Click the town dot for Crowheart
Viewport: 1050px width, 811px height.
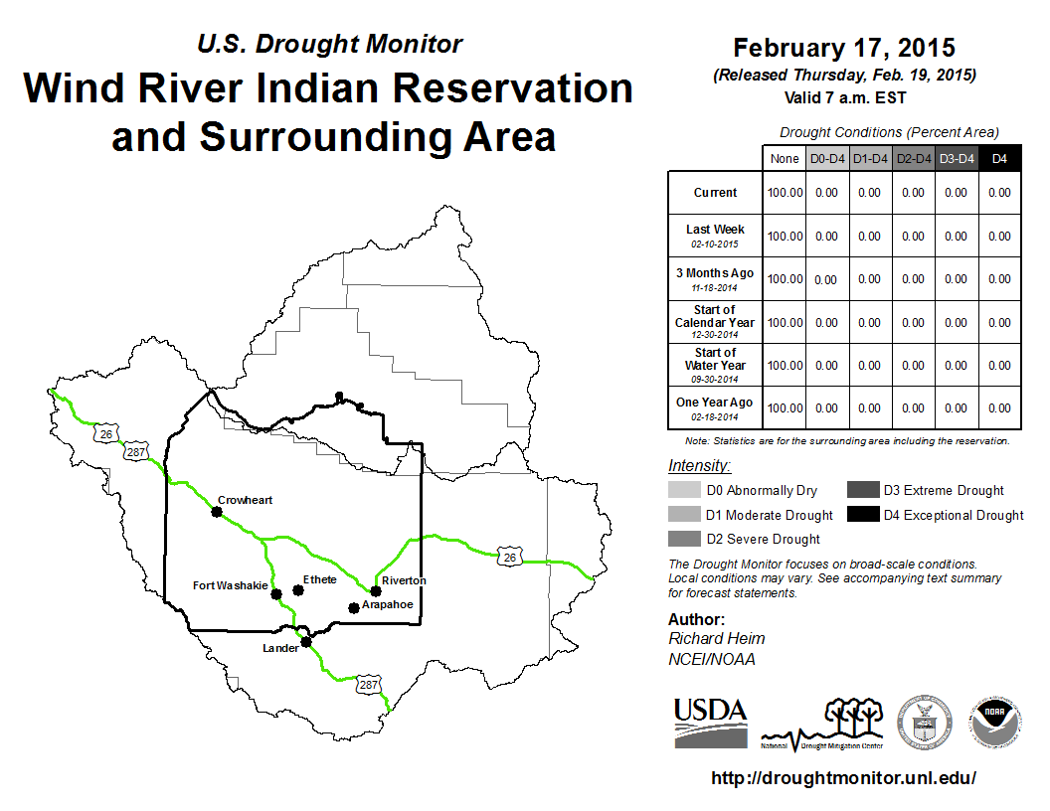click(217, 512)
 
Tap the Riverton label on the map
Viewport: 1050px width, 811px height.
click(404, 580)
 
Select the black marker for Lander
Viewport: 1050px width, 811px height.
click(306, 642)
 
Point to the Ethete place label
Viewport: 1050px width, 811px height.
click(319, 579)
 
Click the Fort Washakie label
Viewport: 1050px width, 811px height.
click(231, 585)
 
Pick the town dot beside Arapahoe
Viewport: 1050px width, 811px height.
click(354, 607)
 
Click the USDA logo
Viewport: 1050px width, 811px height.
click(711, 723)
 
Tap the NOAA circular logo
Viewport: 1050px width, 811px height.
click(994, 722)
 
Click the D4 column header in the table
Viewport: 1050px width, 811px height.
click(999, 159)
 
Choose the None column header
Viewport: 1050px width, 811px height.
click(785, 159)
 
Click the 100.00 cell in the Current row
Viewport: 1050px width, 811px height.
click(785, 193)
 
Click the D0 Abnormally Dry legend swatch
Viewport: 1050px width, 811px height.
click(684, 490)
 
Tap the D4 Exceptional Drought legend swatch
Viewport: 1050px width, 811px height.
click(863, 515)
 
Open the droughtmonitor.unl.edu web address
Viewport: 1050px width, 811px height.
click(844, 777)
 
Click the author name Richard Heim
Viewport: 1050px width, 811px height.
click(717, 638)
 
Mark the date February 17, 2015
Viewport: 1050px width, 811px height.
click(844, 48)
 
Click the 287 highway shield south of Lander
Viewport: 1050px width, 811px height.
click(368, 685)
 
